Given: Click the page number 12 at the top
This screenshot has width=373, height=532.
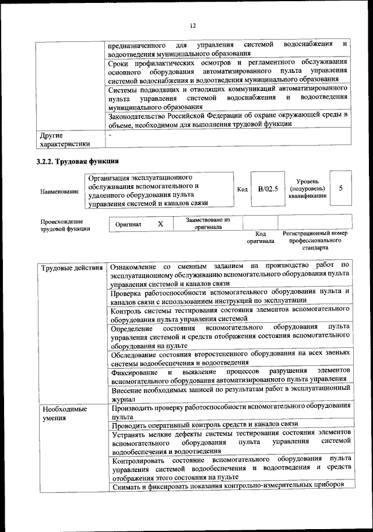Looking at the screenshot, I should (192, 26).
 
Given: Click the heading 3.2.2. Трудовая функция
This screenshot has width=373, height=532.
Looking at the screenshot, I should (78, 161).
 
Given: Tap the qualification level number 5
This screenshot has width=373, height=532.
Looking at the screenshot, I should (340, 188).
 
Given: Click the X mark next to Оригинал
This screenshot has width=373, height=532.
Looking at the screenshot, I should (160, 224).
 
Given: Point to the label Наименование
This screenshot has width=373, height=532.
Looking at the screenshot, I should (59, 192).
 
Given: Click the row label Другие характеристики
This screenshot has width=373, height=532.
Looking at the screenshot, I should (64, 139).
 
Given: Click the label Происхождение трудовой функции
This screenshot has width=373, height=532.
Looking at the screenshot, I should (62, 226).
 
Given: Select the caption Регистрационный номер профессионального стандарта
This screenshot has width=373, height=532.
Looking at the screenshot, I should (315, 240).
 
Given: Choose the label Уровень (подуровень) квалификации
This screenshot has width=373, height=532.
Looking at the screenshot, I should (307, 189).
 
